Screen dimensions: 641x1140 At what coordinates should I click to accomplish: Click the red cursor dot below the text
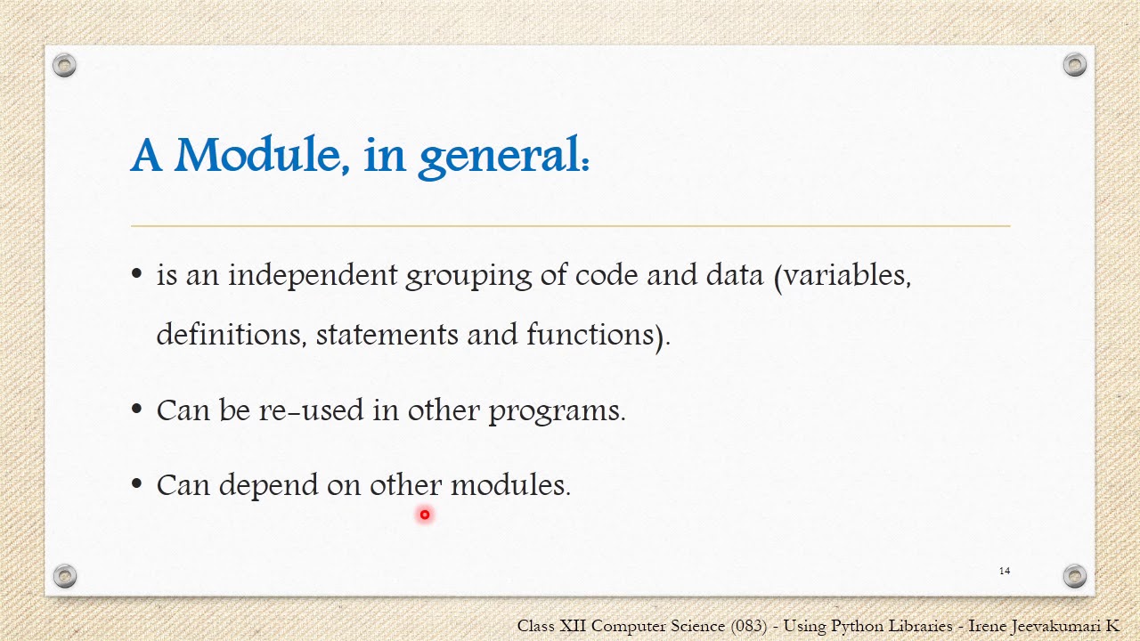click(x=425, y=515)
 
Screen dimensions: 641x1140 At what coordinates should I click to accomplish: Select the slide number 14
click(x=1005, y=571)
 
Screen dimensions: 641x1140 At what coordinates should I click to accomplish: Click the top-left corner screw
click(x=64, y=65)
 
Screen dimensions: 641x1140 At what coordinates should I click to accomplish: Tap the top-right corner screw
click(x=1075, y=65)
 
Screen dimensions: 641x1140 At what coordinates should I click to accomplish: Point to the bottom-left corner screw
click(x=64, y=576)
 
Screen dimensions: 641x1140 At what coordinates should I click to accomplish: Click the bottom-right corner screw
click(x=1075, y=576)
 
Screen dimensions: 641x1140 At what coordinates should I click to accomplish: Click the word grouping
click(x=468, y=277)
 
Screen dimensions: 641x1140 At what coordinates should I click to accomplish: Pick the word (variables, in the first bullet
click(x=843, y=276)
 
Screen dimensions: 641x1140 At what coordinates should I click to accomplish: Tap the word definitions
click(x=231, y=335)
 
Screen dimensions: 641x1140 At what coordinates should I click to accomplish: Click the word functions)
click(x=598, y=336)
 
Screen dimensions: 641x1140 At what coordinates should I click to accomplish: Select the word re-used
click(x=311, y=410)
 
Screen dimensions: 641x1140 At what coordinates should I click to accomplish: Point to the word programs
click(x=557, y=411)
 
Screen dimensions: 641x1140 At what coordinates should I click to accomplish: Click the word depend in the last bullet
click(x=267, y=486)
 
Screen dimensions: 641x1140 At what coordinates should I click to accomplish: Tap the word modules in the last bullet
click(x=509, y=485)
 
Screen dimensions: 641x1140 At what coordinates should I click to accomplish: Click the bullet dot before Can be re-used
click(x=136, y=410)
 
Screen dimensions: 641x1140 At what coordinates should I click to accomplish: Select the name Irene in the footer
click(x=989, y=626)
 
